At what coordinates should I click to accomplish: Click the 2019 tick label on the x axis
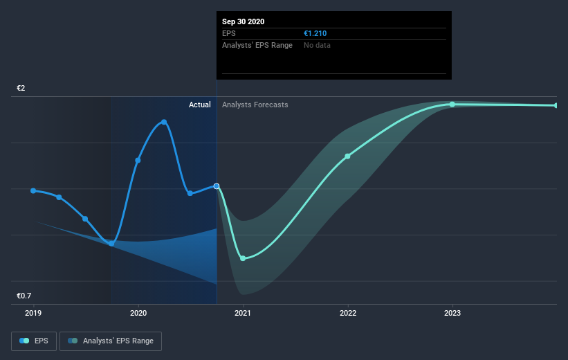tap(33, 313)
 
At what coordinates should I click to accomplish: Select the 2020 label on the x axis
tap(138, 313)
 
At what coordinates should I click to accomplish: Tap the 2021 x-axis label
tap(243, 313)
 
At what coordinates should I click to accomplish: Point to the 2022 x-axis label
tap(347, 313)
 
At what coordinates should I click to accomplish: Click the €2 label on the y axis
tap(21, 89)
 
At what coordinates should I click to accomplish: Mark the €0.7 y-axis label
tap(24, 296)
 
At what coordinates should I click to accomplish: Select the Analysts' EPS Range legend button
tap(111, 341)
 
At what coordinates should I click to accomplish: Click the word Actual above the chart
tap(199, 105)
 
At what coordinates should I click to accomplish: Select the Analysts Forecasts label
tap(255, 105)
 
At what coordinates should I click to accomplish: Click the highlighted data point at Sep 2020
tap(217, 186)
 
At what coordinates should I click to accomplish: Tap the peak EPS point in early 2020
tap(164, 122)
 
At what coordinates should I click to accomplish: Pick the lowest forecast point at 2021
tap(243, 258)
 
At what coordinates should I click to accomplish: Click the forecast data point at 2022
tap(347, 156)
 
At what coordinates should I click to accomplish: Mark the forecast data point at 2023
tap(452, 105)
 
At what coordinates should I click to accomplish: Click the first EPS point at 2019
tap(33, 190)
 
